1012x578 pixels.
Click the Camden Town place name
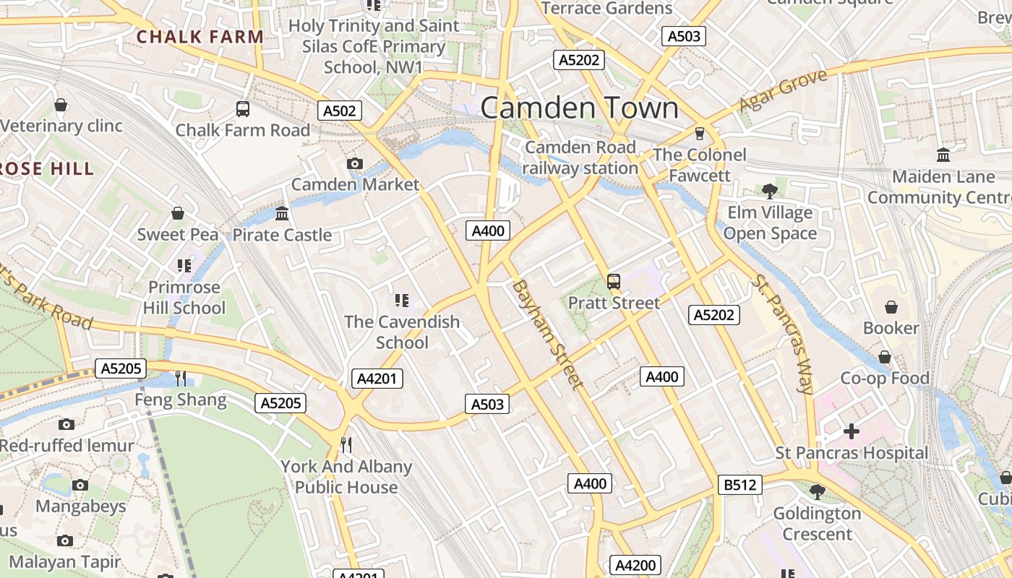579,108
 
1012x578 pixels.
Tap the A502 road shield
340,111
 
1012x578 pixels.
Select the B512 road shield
740,485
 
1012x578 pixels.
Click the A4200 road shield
635,565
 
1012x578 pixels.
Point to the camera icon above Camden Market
354,164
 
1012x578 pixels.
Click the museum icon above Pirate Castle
282,214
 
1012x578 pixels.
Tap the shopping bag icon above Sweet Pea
178,214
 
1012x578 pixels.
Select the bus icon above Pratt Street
614,282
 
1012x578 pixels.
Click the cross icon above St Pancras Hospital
852,432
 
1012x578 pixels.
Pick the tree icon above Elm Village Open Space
770,191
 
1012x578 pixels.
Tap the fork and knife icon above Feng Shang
181,378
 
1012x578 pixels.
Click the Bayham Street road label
547,335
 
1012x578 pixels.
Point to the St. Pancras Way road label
783,334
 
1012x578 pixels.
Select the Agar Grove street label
783,91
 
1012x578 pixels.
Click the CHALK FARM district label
200,36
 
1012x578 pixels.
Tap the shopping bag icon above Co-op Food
884,357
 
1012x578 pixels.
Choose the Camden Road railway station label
580,158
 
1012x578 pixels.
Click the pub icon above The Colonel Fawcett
699,134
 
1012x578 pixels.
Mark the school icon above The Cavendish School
402,300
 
